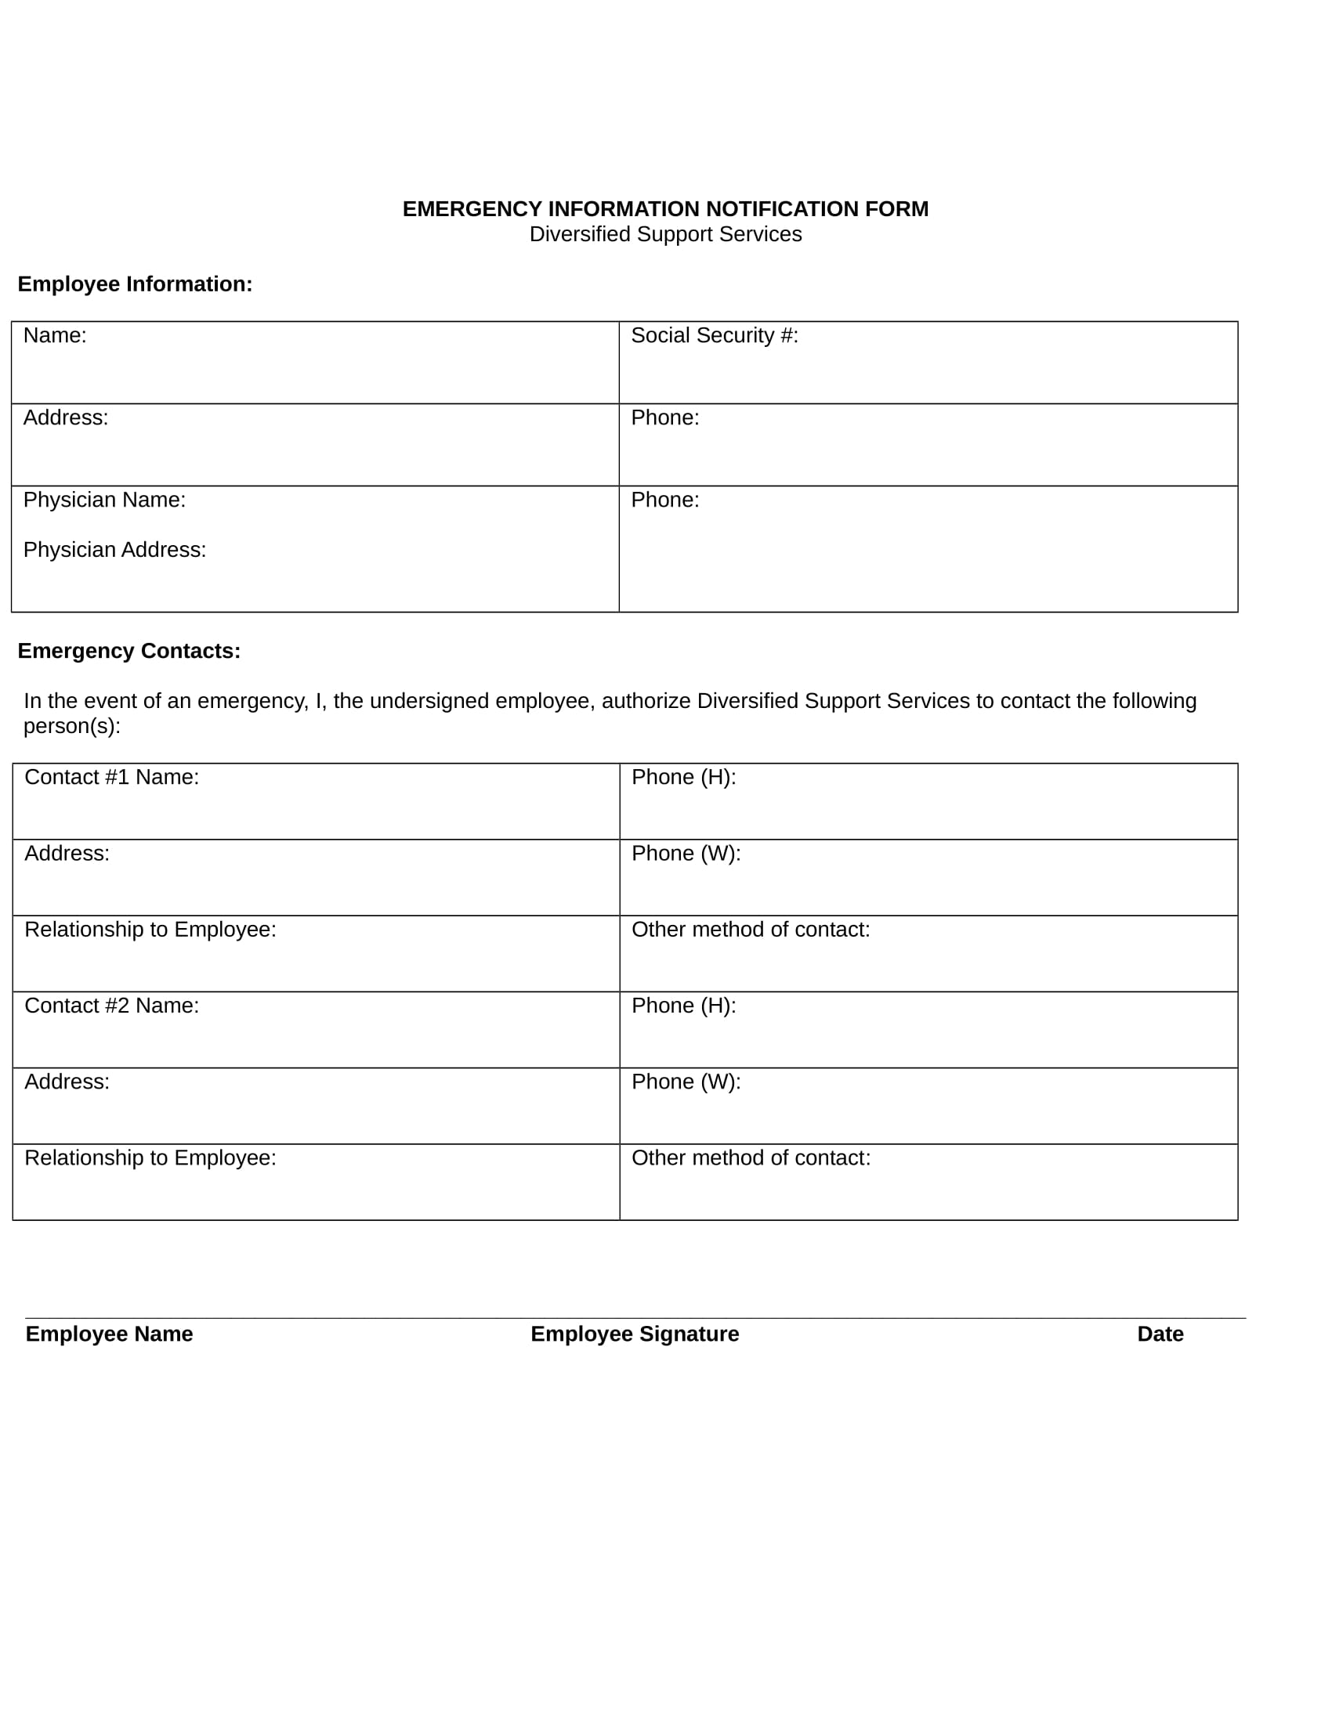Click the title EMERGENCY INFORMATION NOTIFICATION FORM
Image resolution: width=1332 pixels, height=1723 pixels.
coord(665,209)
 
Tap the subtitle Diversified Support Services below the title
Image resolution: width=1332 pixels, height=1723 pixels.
coord(665,234)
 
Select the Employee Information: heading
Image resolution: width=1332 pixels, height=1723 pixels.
coord(135,284)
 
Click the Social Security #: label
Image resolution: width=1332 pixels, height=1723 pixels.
coord(714,335)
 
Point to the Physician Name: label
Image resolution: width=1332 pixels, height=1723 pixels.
coord(104,500)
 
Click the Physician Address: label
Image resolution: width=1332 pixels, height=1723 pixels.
coord(114,550)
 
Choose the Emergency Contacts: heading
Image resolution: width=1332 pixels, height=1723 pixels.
coord(128,651)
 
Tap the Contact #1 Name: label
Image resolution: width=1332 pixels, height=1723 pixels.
coord(111,777)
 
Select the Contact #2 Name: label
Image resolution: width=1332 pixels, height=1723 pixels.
coord(111,1005)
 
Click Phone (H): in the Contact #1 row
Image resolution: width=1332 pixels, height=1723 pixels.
coord(683,777)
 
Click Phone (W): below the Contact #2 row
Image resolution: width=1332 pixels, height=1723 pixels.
coord(686,1082)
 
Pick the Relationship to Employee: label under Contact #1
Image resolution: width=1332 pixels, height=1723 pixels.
coord(150,930)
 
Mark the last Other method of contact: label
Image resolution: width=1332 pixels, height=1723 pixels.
coord(751,1158)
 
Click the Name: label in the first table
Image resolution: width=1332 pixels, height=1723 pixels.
coord(54,335)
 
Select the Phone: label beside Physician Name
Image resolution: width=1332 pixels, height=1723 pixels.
coord(664,500)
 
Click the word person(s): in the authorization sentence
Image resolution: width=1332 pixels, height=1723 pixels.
coord(72,726)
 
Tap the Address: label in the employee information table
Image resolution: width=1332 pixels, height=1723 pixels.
coord(66,417)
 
